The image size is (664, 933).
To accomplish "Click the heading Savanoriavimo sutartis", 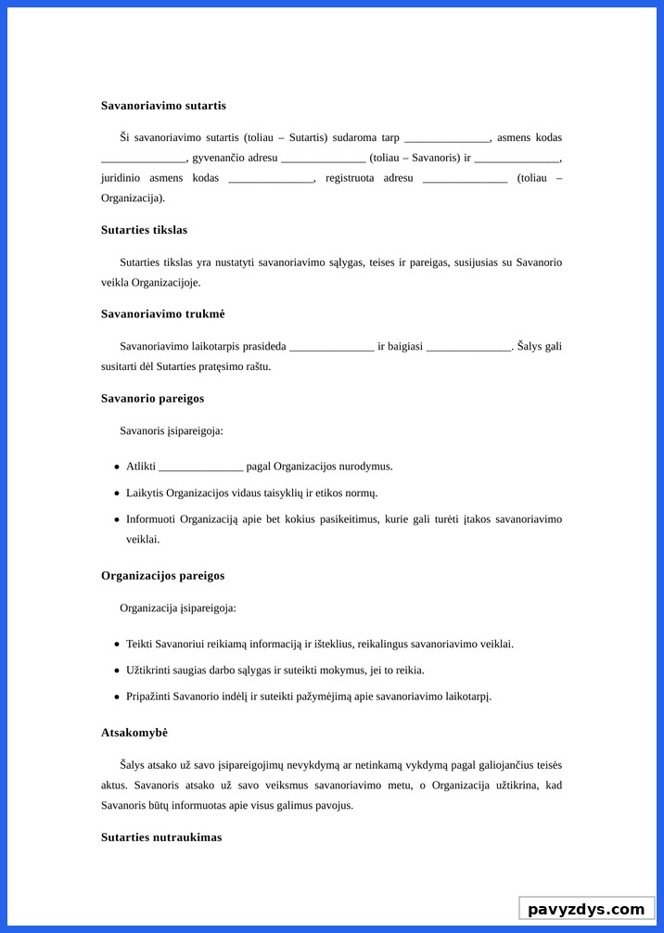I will (x=163, y=106).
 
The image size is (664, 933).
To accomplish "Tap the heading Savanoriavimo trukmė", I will (x=162, y=314).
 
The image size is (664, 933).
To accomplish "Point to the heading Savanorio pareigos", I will (x=152, y=399).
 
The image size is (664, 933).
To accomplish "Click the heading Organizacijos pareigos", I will (x=162, y=576).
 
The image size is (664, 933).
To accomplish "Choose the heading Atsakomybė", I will (x=134, y=733).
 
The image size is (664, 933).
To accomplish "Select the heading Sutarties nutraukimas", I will (x=161, y=837).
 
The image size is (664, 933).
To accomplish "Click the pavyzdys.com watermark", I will (x=586, y=909).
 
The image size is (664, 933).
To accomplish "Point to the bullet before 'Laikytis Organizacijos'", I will (x=117, y=493).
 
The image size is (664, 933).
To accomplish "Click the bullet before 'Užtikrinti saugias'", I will (x=117, y=671).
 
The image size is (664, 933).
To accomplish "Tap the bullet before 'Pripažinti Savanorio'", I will (x=117, y=697).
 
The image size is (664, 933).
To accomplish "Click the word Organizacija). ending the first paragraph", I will (x=133, y=198).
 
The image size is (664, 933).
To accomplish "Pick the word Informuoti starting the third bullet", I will (x=150, y=519).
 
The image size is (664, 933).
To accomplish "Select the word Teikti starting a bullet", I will (x=139, y=644).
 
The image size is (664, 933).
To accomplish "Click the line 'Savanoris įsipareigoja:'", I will (x=172, y=431).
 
